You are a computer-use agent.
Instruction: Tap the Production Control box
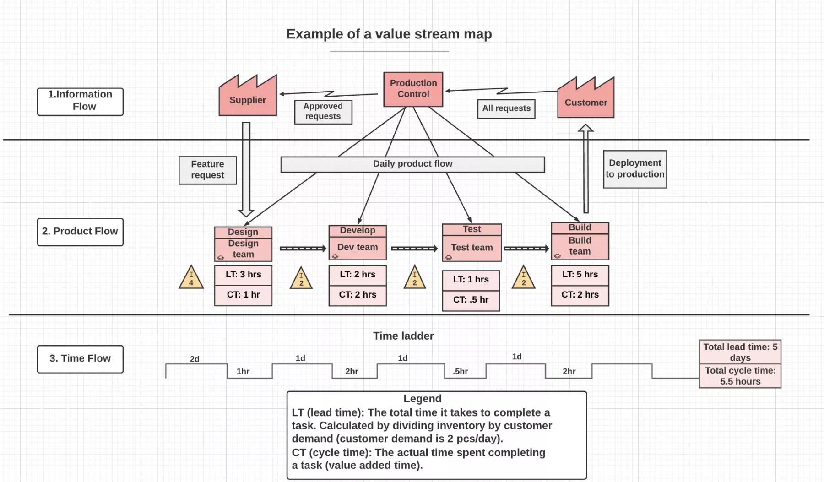(x=413, y=89)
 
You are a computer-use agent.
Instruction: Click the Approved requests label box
(x=323, y=112)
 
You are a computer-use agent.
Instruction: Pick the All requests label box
(x=506, y=109)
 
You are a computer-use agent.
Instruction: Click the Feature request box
(x=207, y=170)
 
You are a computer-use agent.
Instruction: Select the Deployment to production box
(x=635, y=169)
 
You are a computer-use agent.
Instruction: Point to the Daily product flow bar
(x=412, y=164)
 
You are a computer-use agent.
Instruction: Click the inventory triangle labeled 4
(x=191, y=278)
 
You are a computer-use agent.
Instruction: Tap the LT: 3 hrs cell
(x=243, y=275)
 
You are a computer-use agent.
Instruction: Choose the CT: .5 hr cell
(x=471, y=300)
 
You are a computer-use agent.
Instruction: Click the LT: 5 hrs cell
(x=580, y=275)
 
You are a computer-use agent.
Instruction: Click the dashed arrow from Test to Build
(x=526, y=249)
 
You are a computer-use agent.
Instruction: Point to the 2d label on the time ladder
(x=195, y=359)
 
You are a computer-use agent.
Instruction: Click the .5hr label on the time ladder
(x=461, y=371)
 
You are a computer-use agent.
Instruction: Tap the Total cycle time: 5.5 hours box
(x=740, y=376)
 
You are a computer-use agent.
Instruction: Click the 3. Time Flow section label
(x=80, y=359)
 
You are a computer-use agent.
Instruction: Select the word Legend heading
(x=422, y=399)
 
